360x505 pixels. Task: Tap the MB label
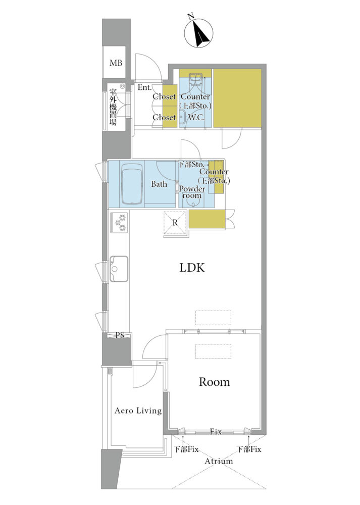pyautogui.click(x=116, y=63)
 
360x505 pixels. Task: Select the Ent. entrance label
pyautogui.click(x=144, y=87)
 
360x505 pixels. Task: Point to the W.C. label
pyautogui.click(x=196, y=117)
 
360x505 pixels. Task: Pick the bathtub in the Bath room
pyautogui.click(x=131, y=184)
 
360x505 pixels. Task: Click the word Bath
pyautogui.click(x=159, y=184)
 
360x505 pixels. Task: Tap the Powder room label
pyautogui.click(x=192, y=192)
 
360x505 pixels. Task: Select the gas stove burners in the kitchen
pyautogui.click(x=120, y=222)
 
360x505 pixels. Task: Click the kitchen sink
pyautogui.click(x=119, y=269)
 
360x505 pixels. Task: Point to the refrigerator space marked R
pyautogui.click(x=175, y=223)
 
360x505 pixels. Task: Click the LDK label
pyautogui.click(x=192, y=268)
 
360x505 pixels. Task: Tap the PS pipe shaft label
pyautogui.click(x=120, y=335)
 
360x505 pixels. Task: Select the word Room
pyautogui.click(x=215, y=382)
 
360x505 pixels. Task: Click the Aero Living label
pyautogui.click(x=138, y=411)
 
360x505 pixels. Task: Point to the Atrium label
pyautogui.click(x=219, y=461)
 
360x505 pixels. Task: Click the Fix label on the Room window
pyautogui.click(x=216, y=432)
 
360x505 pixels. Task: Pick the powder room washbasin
pyautogui.click(x=193, y=202)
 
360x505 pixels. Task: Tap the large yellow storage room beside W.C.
pyautogui.click(x=237, y=98)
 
